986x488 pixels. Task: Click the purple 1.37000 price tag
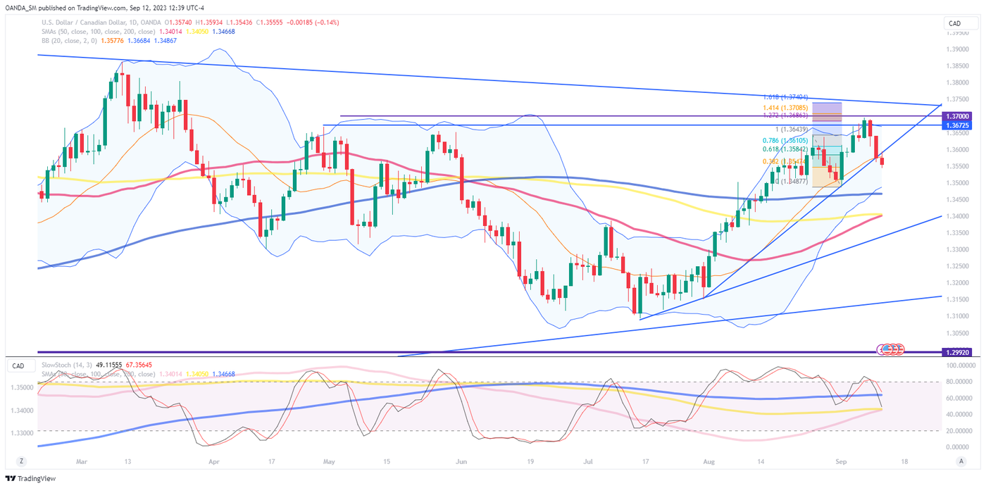pos(959,115)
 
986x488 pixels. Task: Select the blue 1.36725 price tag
pos(959,125)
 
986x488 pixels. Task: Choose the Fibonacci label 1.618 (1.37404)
pos(785,97)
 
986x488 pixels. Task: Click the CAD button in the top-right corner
pos(955,24)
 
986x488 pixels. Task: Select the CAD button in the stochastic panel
pos(19,366)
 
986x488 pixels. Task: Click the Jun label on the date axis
pos(461,461)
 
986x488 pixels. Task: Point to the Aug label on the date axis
pos(709,461)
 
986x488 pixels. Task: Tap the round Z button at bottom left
pos(22,461)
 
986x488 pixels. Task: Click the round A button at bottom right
pos(961,461)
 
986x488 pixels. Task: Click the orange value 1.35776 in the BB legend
pos(113,40)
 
